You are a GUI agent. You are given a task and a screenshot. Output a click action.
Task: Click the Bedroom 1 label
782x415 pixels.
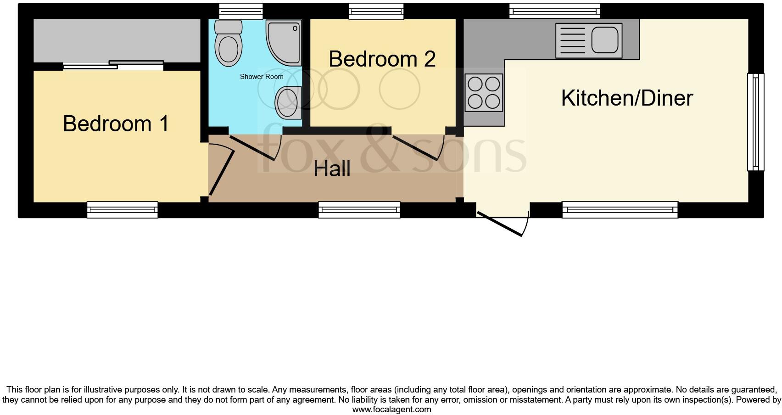pyautogui.click(x=116, y=124)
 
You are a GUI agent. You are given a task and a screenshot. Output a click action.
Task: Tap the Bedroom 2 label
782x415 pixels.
pyautogui.click(x=382, y=59)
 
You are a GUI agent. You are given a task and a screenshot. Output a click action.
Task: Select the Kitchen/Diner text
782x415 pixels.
pyautogui.click(x=626, y=98)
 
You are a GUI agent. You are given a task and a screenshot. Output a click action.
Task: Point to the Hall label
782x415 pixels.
pyautogui.click(x=332, y=169)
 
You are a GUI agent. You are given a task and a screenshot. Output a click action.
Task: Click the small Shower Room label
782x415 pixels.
pyautogui.click(x=261, y=77)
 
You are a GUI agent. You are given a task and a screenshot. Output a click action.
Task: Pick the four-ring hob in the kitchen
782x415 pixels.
pyautogui.click(x=484, y=93)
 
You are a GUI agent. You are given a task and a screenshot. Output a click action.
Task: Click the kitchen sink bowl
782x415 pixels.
pyautogui.click(x=605, y=40)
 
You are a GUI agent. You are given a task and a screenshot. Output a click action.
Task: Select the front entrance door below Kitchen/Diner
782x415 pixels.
pyautogui.click(x=500, y=224)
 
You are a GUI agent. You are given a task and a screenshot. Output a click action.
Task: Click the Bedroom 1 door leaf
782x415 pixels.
pyautogui.click(x=222, y=172)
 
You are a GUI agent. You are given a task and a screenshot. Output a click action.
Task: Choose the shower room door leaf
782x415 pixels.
pyautogui.click(x=252, y=147)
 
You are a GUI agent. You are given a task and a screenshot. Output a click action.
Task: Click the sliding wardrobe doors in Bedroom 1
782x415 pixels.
pyautogui.click(x=113, y=66)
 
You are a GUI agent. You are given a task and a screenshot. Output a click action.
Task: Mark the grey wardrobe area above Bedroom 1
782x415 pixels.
pyautogui.click(x=117, y=40)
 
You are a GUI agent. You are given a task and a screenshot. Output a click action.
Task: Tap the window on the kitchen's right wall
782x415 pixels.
pyautogui.click(x=755, y=122)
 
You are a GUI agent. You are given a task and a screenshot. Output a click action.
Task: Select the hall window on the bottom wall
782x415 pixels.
pyautogui.click(x=359, y=209)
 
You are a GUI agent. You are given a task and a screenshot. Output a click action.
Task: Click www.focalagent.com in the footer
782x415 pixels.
pyautogui.click(x=391, y=409)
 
